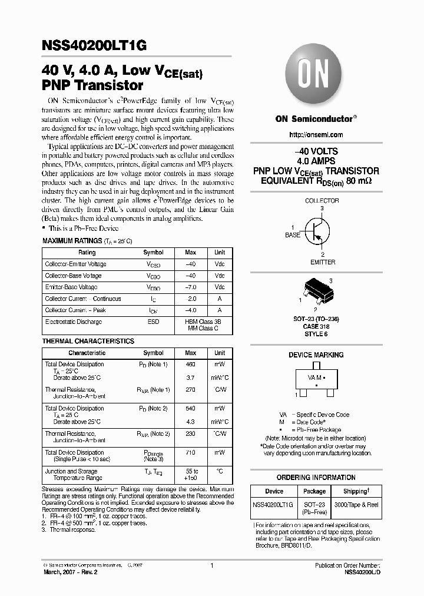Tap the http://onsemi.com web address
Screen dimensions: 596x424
pyautogui.click(x=316, y=135)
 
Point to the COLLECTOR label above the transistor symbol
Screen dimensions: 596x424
pyautogui.click(x=322, y=201)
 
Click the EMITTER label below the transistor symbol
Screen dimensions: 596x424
pyautogui.click(x=322, y=262)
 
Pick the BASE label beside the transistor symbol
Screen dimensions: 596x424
pyautogui.click(x=293, y=235)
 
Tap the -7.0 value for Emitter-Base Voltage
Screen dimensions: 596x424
pyautogui.click(x=190, y=287)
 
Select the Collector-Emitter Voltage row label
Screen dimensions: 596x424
pyautogui.click(x=76, y=264)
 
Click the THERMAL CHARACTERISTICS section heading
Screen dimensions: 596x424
pyautogui.click(x=88, y=342)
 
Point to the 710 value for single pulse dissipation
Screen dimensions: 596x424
pyautogui.click(x=190, y=452)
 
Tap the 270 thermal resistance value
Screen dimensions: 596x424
pyautogui.click(x=190, y=389)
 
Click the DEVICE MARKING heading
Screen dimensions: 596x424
pyautogui.click(x=316, y=355)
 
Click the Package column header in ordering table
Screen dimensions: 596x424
pyautogui.click(x=314, y=491)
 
